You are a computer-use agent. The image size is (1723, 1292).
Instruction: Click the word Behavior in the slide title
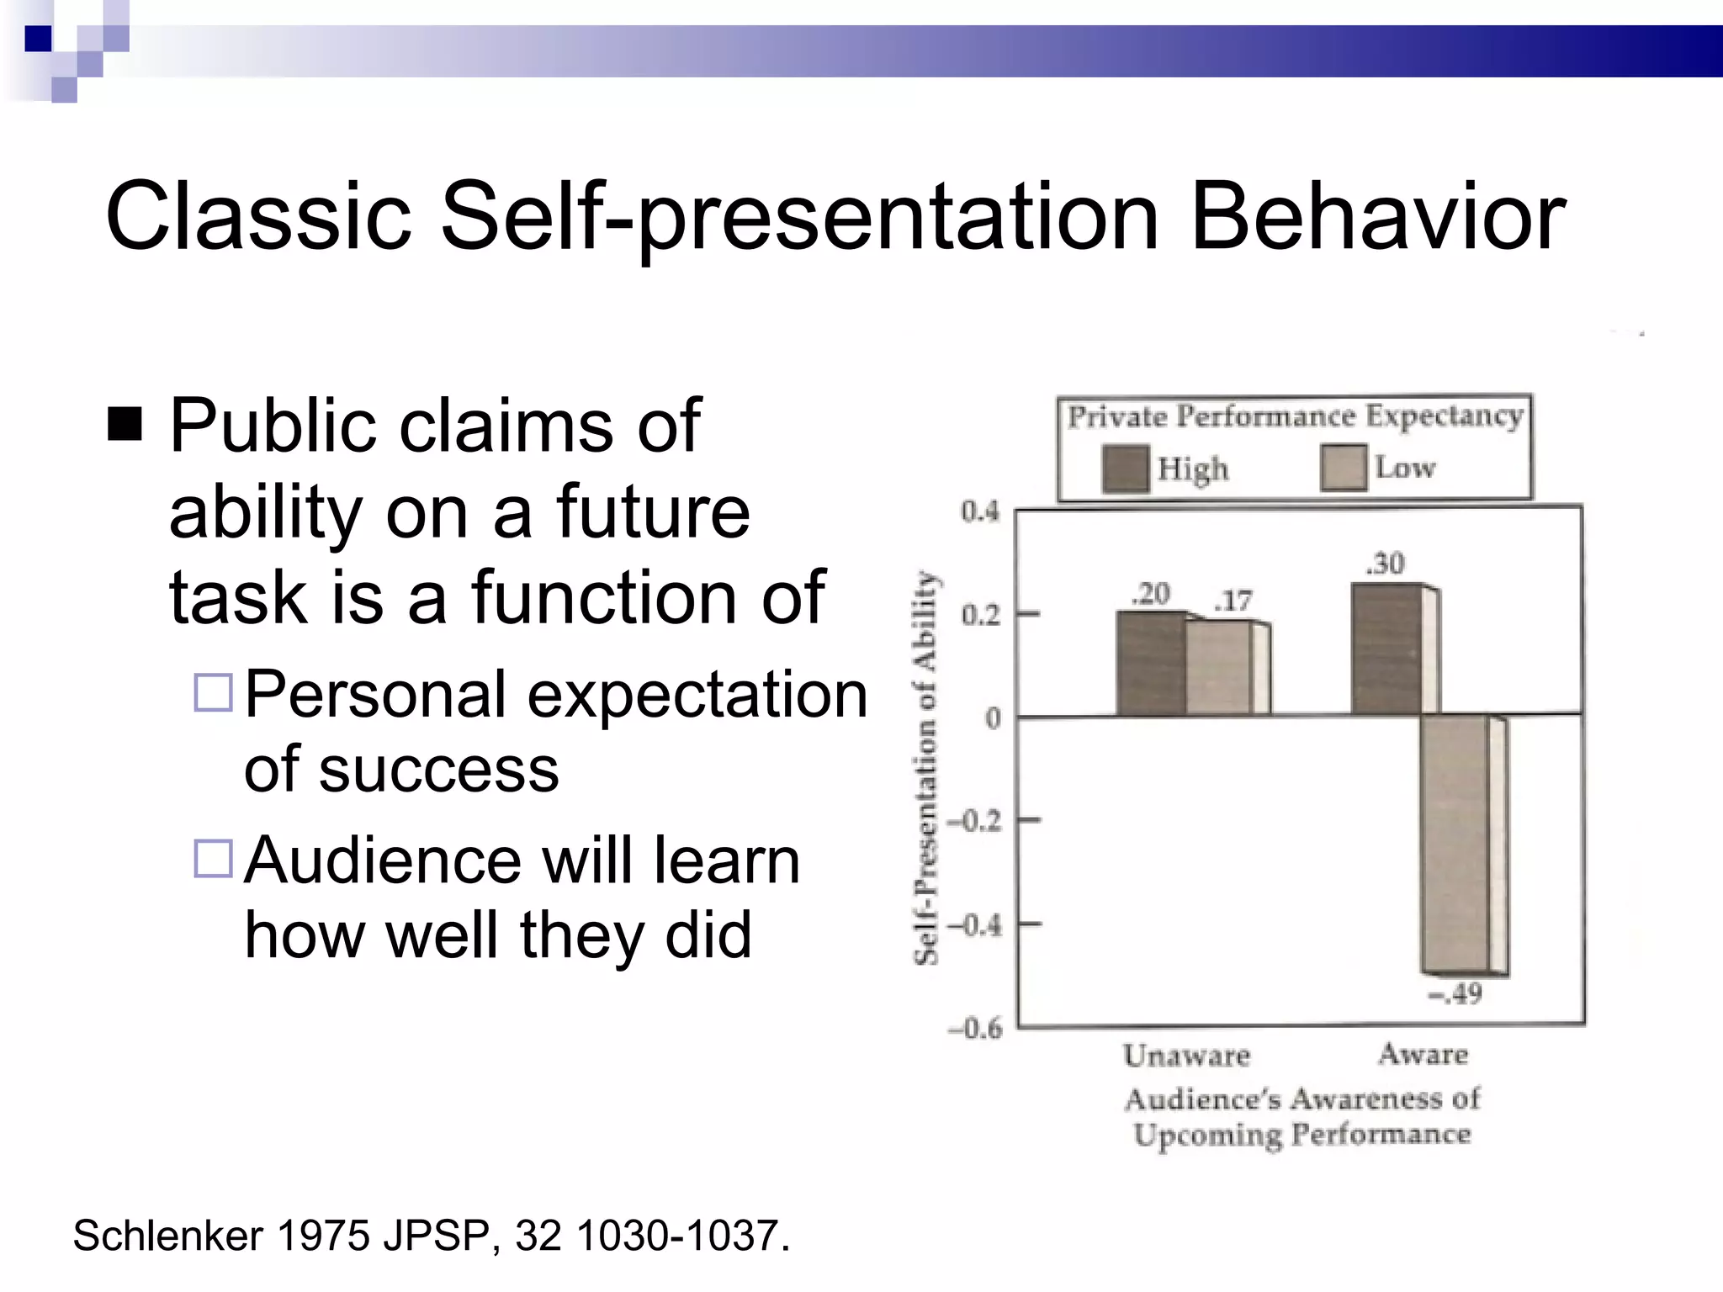coord(1377,217)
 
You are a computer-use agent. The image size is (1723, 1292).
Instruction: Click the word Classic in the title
coord(258,217)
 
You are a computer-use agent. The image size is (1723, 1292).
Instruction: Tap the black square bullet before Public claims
coord(125,424)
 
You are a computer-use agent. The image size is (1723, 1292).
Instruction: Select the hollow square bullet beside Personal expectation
coord(213,693)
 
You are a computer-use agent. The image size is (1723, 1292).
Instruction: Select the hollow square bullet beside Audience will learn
coord(213,859)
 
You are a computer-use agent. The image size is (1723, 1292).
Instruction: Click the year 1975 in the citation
coord(322,1236)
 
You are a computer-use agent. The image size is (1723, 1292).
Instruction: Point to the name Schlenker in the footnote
coord(168,1236)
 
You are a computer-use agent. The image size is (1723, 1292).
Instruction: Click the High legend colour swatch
coord(1125,468)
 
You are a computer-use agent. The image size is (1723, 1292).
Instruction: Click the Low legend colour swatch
coord(1343,468)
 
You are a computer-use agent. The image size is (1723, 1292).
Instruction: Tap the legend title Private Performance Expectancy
coord(1295,416)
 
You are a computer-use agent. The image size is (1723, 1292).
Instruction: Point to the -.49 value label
coord(1455,994)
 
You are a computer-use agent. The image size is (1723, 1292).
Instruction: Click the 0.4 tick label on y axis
coord(980,511)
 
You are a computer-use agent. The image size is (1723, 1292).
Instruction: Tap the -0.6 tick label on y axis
coord(976,1028)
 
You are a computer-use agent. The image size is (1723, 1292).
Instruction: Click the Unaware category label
coord(1186,1055)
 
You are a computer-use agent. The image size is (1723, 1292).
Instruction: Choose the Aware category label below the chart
coord(1423,1054)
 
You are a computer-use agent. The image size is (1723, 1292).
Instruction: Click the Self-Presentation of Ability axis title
coord(925,767)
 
